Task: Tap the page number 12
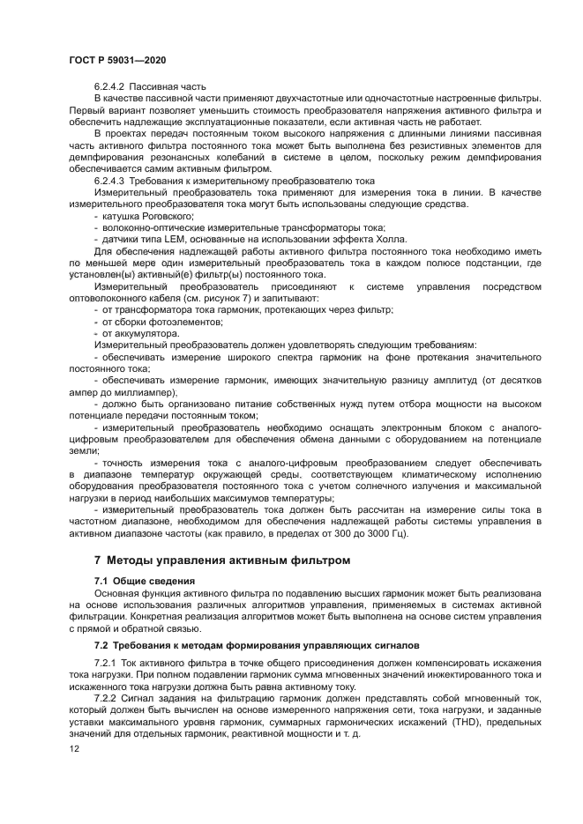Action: point(74,747)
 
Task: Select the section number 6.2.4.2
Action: point(111,86)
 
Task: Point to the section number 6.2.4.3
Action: point(111,180)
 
